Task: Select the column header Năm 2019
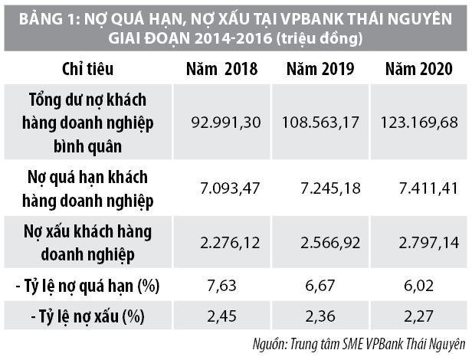pyautogui.click(x=320, y=70)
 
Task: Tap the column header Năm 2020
pyautogui.click(x=418, y=70)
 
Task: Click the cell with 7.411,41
pyautogui.click(x=421, y=187)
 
